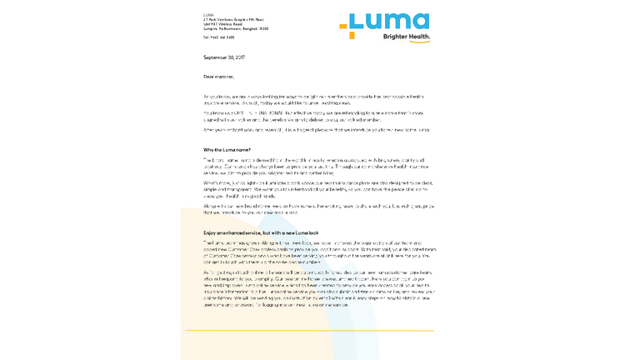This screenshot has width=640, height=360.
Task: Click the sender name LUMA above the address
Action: click(208, 15)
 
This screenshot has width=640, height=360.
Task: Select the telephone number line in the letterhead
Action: click(218, 37)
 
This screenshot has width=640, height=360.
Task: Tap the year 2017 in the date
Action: click(239, 57)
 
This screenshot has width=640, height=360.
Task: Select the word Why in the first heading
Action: click(208, 149)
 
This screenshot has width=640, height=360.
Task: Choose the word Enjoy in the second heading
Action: click(210, 232)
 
